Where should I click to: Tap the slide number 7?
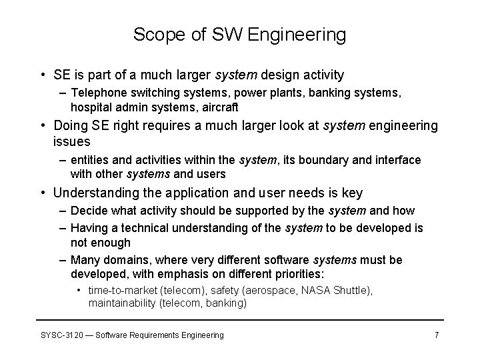(x=437, y=335)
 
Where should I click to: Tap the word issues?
(x=71, y=141)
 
